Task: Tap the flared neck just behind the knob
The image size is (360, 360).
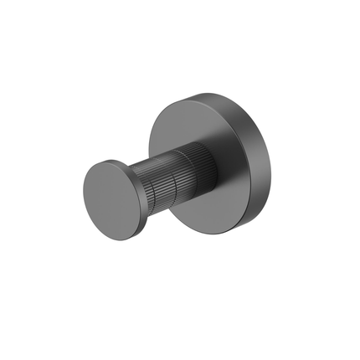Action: [x=135, y=174]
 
